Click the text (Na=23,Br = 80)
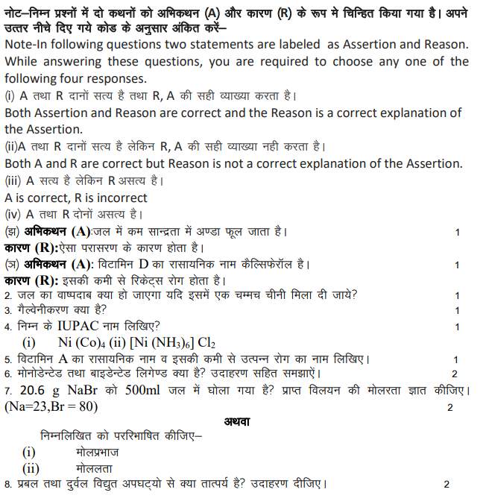(x=51, y=407)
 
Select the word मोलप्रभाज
(x=97, y=453)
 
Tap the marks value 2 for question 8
(x=446, y=485)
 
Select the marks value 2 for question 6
(x=454, y=374)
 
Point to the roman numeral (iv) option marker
(x=15, y=215)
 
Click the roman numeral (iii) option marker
(x=14, y=181)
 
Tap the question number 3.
(x=7, y=310)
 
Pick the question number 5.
(x=7, y=359)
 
